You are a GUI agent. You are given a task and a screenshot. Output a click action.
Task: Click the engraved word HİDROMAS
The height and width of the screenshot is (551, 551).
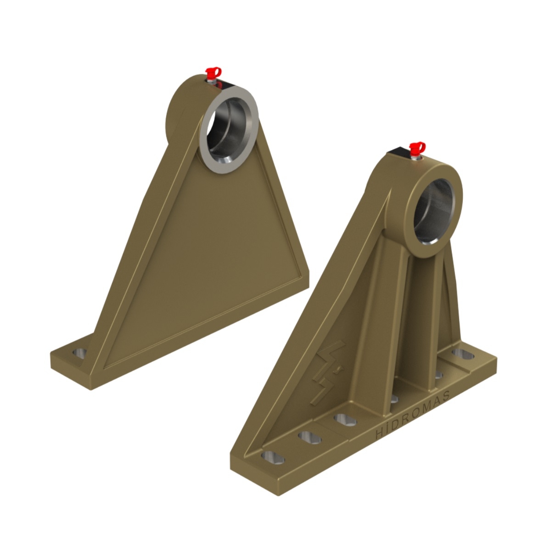point(413,416)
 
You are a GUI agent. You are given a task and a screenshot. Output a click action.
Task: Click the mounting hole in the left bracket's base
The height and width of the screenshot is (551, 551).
point(80,354)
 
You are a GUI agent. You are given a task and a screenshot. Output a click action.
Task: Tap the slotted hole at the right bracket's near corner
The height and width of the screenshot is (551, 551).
point(273,458)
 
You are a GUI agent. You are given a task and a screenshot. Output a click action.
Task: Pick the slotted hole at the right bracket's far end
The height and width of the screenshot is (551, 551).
point(463,354)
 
